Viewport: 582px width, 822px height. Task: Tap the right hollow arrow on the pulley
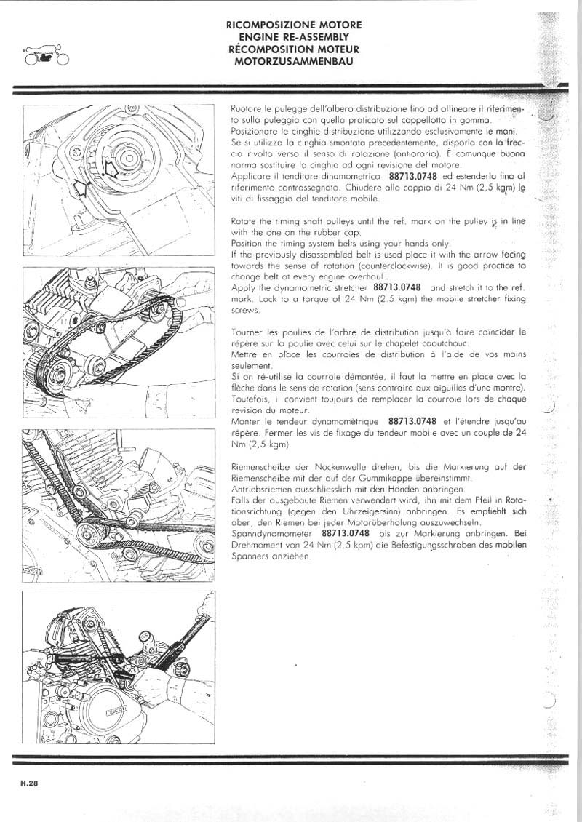[109, 169]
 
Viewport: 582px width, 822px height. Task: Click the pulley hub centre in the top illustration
[129, 156]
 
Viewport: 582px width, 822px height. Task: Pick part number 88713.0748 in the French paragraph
[412, 421]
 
